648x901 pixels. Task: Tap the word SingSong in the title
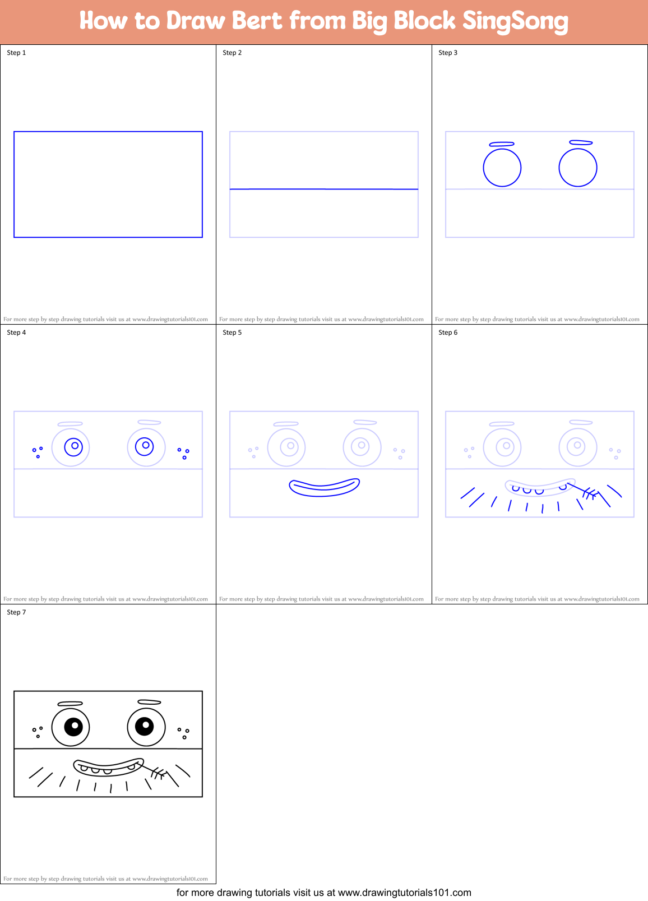click(515, 21)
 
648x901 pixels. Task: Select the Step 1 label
click(16, 53)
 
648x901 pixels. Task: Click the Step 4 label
click(16, 332)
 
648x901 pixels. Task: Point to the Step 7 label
click(16, 612)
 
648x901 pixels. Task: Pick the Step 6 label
click(448, 332)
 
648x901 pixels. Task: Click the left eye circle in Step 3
click(502, 167)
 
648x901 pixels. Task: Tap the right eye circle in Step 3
click(578, 167)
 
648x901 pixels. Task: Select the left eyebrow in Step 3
click(501, 144)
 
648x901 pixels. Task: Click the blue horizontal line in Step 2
click(324, 189)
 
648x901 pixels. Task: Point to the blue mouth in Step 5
click(324, 487)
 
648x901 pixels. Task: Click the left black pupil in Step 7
click(73, 727)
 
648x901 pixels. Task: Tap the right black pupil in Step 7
click(145, 727)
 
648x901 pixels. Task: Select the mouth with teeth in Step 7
click(108, 767)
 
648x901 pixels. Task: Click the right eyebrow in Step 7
click(149, 702)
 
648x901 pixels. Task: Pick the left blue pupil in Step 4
click(73, 447)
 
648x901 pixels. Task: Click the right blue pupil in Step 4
click(145, 446)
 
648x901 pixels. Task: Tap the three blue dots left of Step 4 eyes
click(37, 451)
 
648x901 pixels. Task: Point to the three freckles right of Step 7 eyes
click(183, 733)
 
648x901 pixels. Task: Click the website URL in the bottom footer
click(404, 892)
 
